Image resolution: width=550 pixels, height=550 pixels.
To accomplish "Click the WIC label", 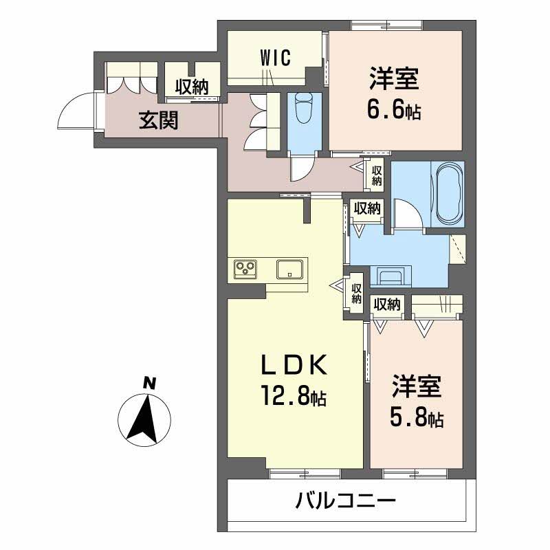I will [276, 58].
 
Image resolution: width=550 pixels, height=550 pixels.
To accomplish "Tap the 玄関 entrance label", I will [159, 120].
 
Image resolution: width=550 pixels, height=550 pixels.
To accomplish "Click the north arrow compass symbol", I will [145, 418].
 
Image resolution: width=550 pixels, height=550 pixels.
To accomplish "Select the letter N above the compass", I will [148, 382].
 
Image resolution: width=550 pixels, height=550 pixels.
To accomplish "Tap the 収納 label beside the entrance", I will [190, 87].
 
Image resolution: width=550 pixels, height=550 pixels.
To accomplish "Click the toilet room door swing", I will [301, 167].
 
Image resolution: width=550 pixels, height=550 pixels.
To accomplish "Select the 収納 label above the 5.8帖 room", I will [388, 303].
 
